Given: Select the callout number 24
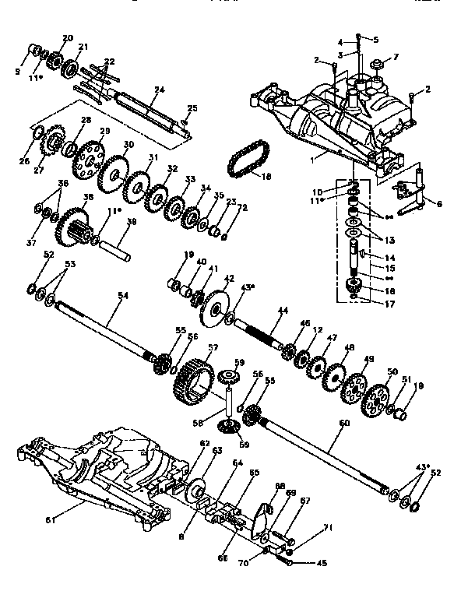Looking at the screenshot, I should (159, 90).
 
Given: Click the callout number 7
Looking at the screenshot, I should (395, 56).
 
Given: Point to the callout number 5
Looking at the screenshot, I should (375, 39).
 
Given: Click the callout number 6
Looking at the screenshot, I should (439, 204).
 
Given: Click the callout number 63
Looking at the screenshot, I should (217, 450).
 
